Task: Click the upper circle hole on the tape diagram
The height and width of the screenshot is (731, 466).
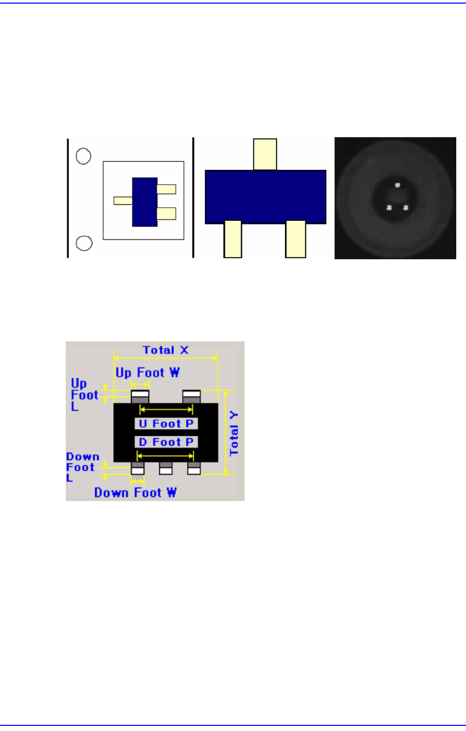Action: [x=84, y=157]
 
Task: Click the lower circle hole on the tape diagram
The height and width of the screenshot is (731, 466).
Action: [x=84, y=243]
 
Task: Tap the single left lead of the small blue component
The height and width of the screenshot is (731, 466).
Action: [x=123, y=201]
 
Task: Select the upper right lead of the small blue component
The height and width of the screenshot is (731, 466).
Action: [x=166, y=189]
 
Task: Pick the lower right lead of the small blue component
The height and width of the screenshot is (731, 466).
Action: [x=166, y=214]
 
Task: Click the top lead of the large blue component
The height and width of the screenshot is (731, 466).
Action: [x=265, y=155]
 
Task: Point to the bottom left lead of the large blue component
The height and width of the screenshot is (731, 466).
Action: [x=233, y=239]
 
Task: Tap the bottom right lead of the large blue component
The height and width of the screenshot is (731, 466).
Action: [x=295, y=239]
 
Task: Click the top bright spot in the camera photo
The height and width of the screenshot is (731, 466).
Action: [x=398, y=185]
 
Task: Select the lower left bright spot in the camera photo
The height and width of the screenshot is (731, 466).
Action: [x=389, y=207]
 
